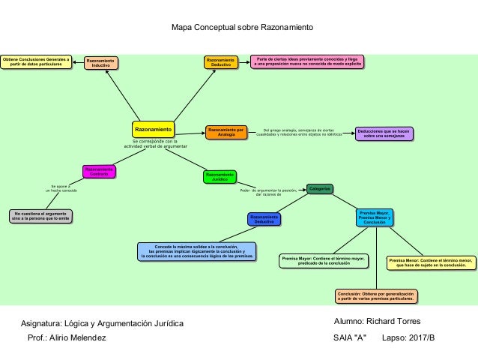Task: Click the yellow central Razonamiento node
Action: coord(154,129)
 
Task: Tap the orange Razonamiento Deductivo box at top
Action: coord(221,62)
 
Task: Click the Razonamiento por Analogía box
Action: coord(226,131)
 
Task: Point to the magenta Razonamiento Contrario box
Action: coord(98,172)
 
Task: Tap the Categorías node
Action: coord(319,188)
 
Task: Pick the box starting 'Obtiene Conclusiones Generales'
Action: coord(36,61)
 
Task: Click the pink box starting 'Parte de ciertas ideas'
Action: coord(306,61)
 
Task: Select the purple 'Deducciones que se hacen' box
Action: coord(384,132)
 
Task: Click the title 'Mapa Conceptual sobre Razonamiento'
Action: coord(243,28)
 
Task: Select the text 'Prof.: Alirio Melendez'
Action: coord(67,338)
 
